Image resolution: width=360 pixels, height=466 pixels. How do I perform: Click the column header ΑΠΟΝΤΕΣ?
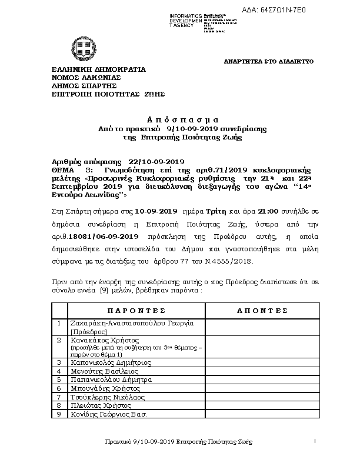262,310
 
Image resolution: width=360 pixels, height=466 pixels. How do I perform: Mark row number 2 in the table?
58,340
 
